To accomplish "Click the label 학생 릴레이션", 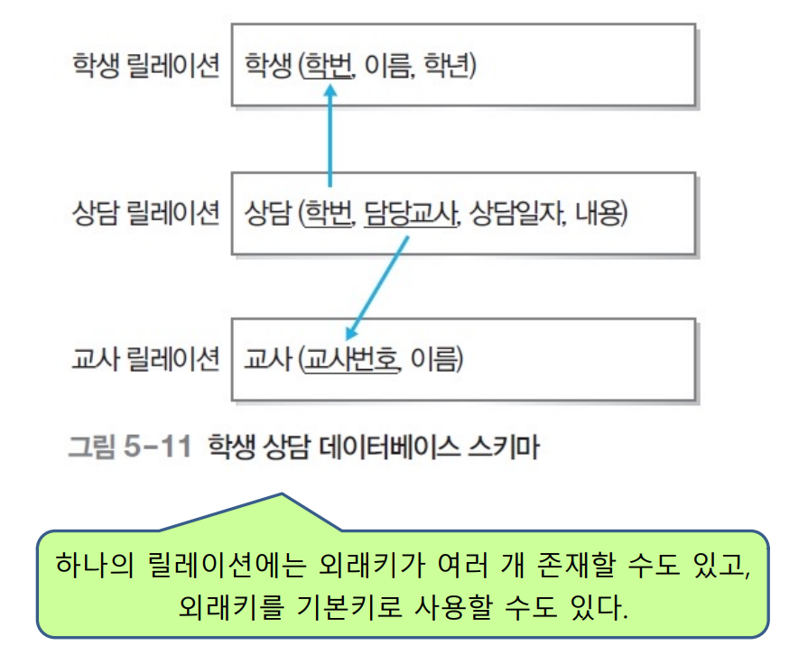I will pos(145,68).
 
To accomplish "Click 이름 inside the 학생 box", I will pos(388,68).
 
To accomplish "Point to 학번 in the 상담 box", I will pos(330,214).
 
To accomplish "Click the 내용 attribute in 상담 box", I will pos(595,214).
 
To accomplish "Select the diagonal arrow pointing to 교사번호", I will pos(379,287).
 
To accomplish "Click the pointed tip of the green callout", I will pos(283,494).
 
